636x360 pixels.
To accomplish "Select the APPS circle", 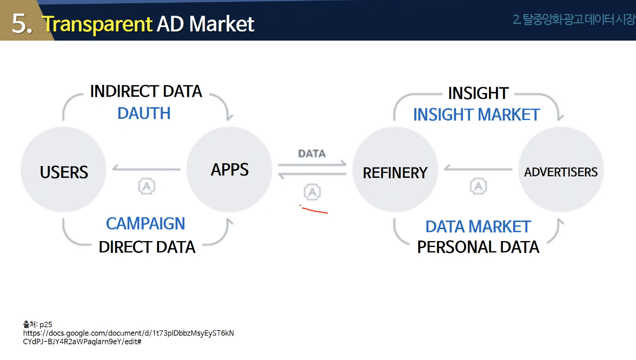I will click(x=229, y=169).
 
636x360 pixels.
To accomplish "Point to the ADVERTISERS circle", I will click(x=561, y=171).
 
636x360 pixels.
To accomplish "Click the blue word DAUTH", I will click(x=144, y=113).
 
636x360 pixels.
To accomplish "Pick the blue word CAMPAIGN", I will click(x=145, y=223).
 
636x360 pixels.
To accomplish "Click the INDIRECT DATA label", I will click(x=146, y=91).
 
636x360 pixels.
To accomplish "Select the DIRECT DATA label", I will click(x=147, y=247).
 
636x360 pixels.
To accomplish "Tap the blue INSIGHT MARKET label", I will click(x=476, y=115).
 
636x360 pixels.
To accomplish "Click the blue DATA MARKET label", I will click(x=478, y=226).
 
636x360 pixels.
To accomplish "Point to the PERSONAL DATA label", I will click(x=478, y=247).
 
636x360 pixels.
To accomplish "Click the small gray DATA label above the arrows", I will click(x=312, y=154).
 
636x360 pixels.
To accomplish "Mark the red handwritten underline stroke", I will click(x=314, y=210).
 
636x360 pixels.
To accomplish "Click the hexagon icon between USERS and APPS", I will click(x=147, y=186).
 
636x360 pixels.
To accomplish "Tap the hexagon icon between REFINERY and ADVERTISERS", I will click(x=478, y=186).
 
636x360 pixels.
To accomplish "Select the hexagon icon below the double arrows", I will click(x=312, y=191).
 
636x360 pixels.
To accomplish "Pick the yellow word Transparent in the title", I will click(x=97, y=24).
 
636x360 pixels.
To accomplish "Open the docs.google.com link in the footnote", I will click(x=129, y=333).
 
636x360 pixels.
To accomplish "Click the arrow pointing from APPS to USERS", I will click(x=146, y=169).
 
